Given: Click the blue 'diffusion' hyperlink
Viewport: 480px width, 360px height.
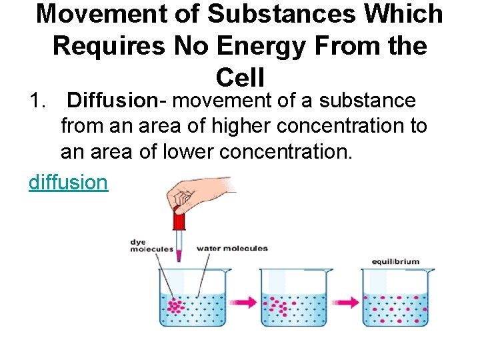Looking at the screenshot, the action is (x=68, y=181).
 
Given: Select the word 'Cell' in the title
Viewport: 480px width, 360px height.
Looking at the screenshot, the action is (x=240, y=77).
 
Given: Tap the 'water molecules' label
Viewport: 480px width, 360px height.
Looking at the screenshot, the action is (x=231, y=249).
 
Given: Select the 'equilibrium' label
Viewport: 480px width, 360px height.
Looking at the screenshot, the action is (x=395, y=261).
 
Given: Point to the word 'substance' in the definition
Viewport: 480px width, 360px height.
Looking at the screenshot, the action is (x=367, y=101).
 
